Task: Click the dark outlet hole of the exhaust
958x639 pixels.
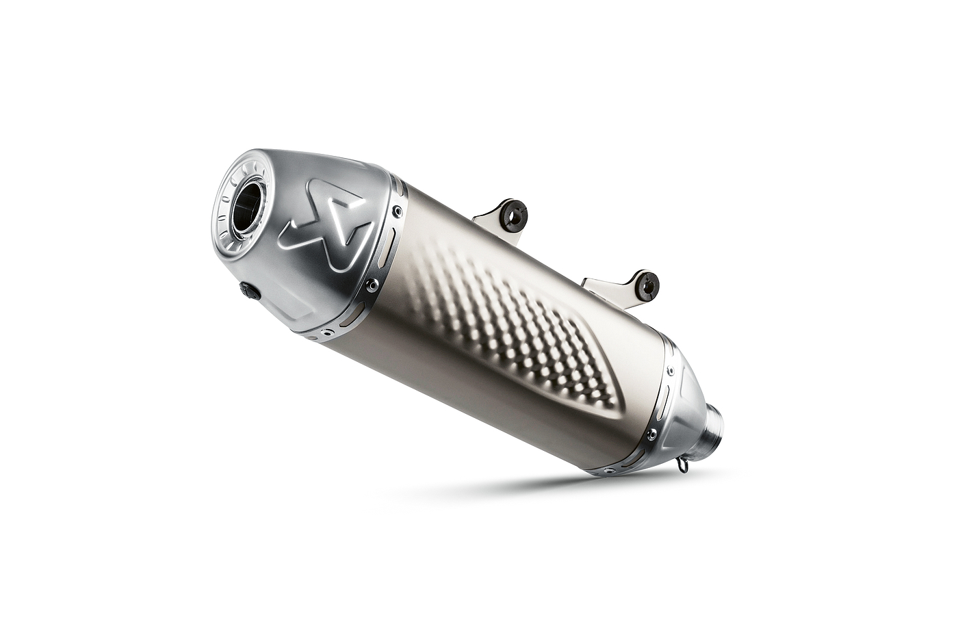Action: (246, 207)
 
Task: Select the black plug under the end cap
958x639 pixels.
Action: (250, 291)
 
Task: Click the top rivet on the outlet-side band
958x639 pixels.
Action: (398, 212)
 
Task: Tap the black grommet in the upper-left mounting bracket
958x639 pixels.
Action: (513, 216)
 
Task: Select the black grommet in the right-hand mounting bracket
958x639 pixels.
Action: (646, 286)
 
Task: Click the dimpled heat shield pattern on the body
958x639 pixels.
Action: (513, 322)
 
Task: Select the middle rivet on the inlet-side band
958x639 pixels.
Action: (652, 434)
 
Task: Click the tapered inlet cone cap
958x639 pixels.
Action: (684, 410)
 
